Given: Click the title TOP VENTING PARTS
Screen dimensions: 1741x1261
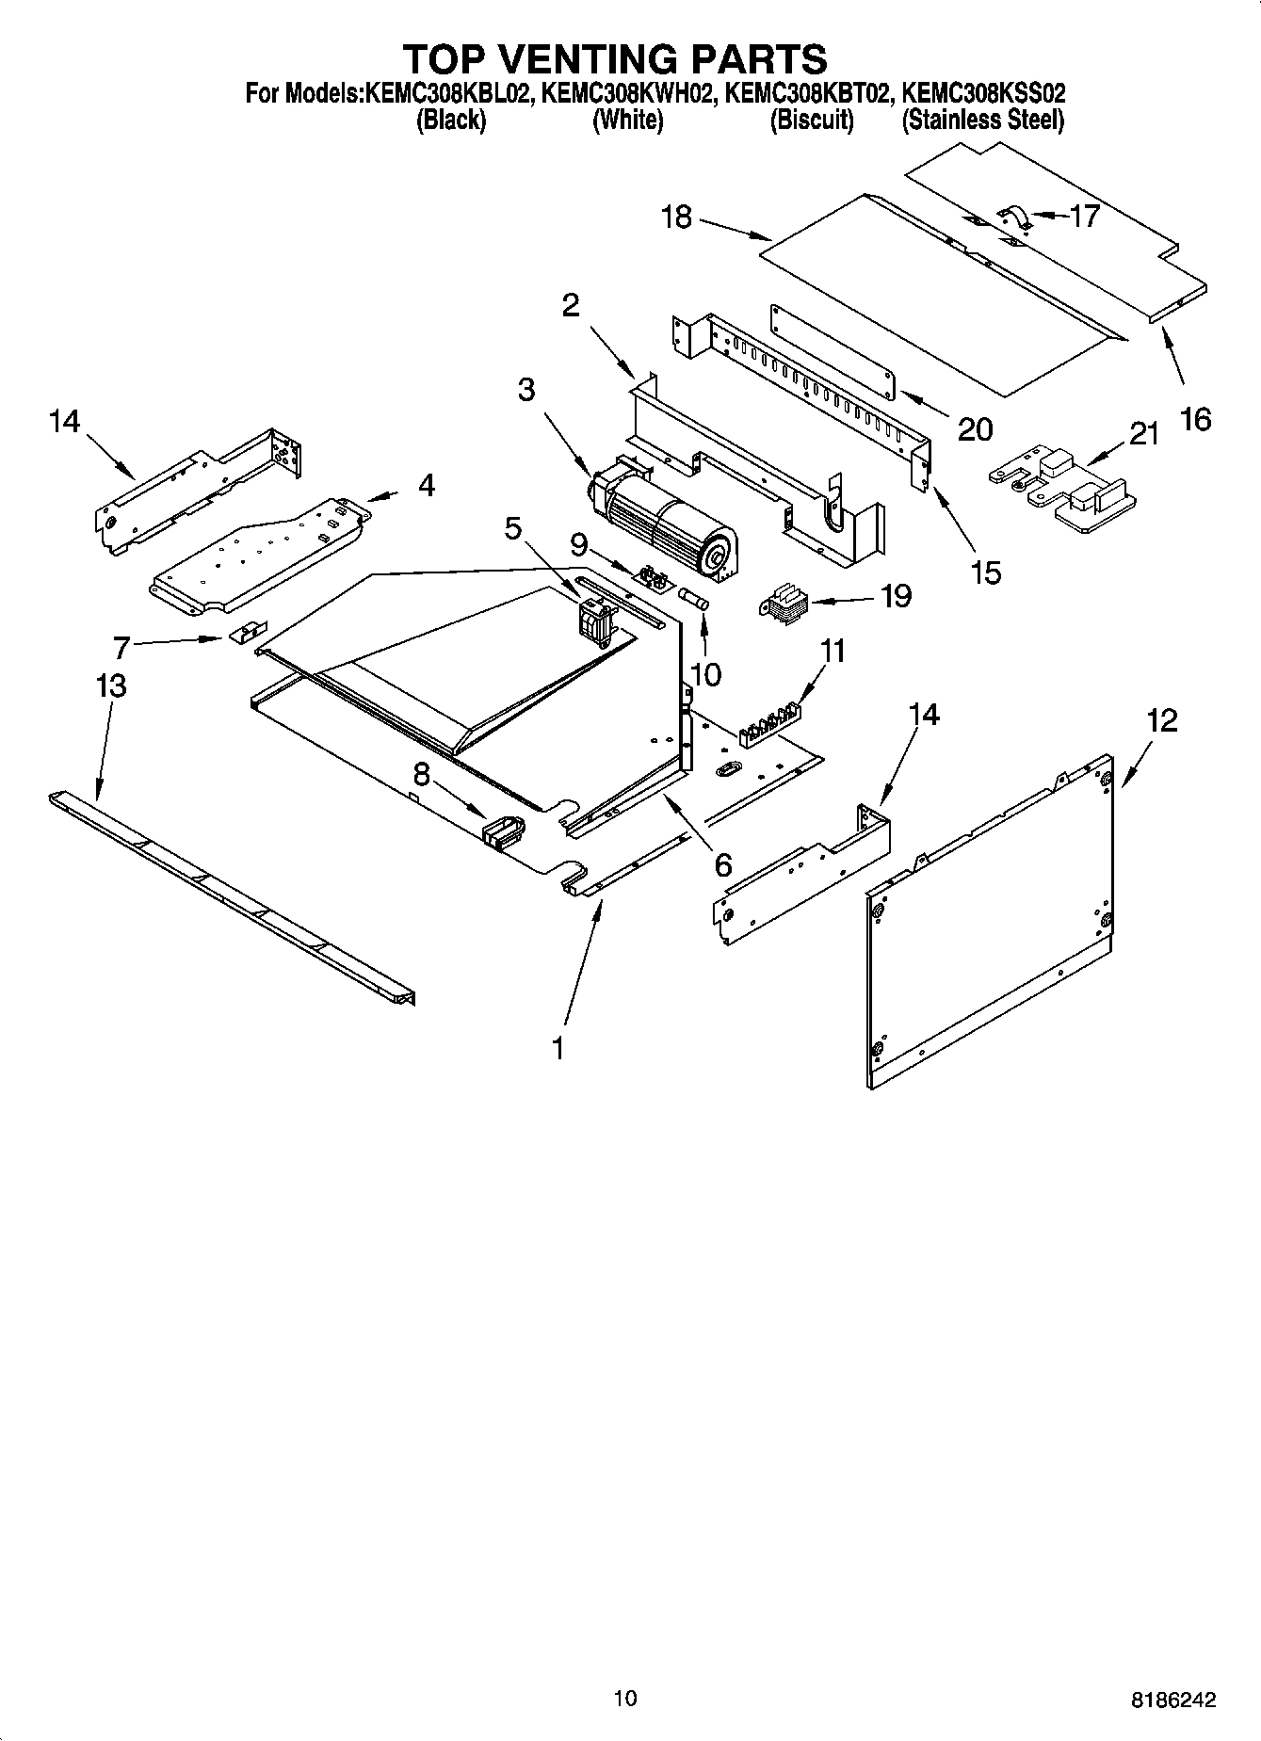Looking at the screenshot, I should [615, 59].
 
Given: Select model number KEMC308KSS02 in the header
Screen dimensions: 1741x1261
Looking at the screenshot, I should [983, 93].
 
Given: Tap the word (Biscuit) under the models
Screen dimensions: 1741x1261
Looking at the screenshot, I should [811, 121].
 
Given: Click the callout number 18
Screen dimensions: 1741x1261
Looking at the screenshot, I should [676, 217].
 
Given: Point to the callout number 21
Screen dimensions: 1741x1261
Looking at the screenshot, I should [1143, 434].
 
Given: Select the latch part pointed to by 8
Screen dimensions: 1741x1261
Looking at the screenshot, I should [503, 831].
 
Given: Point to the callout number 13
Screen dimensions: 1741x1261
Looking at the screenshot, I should [111, 685].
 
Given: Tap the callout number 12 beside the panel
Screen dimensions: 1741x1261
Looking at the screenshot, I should [1162, 721].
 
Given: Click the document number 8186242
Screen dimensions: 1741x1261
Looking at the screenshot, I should [1172, 1700].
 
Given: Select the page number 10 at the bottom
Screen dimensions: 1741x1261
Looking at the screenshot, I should [624, 1698].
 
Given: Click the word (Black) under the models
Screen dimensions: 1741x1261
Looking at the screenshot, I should [450, 121].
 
